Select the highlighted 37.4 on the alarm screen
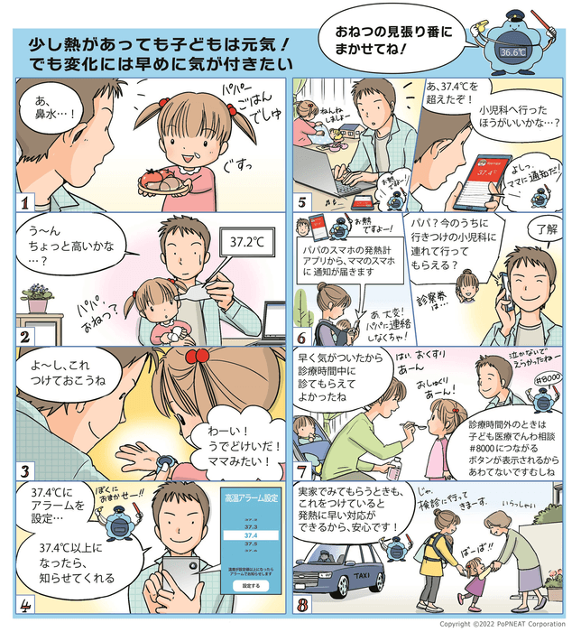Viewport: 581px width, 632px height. pyautogui.click(x=249, y=534)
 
